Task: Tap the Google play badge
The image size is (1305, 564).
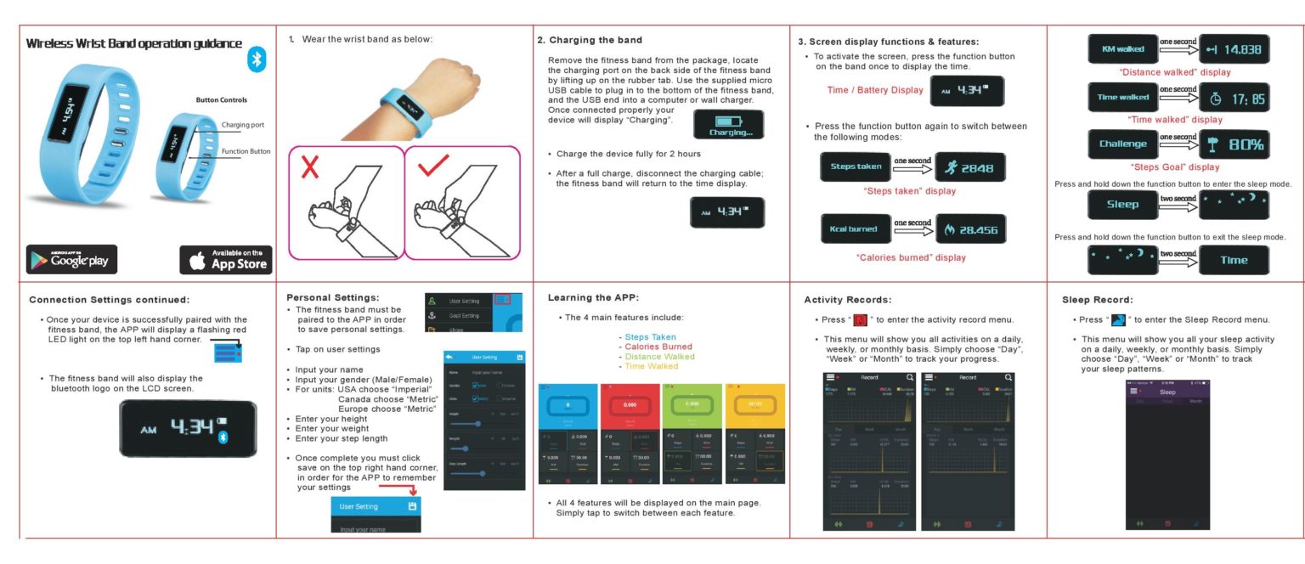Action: [x=71, y=259]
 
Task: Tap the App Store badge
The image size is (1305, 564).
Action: [x=225, y=259]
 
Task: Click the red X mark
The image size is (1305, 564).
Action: [x=311, y=167]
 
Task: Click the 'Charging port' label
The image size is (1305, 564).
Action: [x=242, y=125]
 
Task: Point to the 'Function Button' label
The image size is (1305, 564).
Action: [x=246, y=151]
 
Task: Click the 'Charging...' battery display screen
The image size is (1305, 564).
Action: [x=729, y=124]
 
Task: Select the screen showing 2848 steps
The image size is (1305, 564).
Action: [x=969, y=167]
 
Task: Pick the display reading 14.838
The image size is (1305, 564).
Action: [x=1234, y=49]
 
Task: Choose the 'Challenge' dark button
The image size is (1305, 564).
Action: [x=1122, y=144]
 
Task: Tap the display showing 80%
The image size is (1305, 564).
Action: [x=1234, y=144]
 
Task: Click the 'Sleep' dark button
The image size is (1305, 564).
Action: [x=1122, y=205]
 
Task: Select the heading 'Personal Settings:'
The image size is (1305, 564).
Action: [x=332, y=298]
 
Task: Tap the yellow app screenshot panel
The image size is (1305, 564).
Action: [x=754, y=433]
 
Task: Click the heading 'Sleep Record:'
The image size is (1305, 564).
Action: [x=1097, y=300]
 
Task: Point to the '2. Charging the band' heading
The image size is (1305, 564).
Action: [x=590, y=40]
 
